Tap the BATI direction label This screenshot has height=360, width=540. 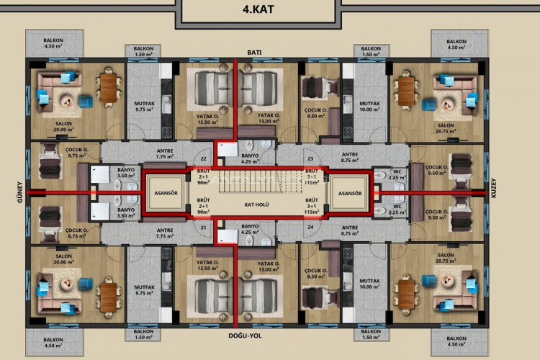pos(253,53)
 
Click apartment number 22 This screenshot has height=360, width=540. pos(204,158)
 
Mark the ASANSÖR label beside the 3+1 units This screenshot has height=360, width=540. pos(350,193)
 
